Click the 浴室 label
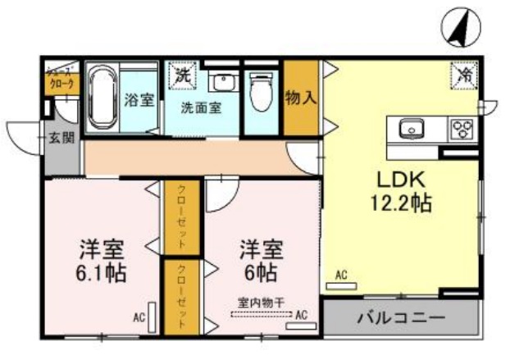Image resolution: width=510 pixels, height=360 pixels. pos(139,100)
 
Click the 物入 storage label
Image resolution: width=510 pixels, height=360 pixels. pos(300,98)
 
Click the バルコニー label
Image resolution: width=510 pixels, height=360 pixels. pos(401,318)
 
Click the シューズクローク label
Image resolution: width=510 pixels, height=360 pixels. pos(61,78)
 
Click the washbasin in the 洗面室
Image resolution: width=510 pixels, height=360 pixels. pos(221,81)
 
